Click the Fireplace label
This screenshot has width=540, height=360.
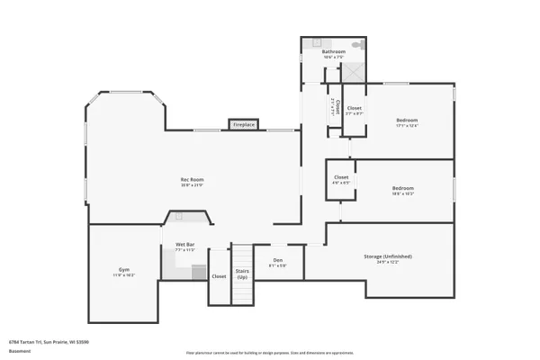coord(244,124)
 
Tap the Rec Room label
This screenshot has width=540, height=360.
coord(192,180)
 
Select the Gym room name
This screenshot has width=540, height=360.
coord(124,270)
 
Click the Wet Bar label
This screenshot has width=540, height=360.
coord(185,245)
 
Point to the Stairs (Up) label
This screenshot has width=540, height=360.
coord(242,273)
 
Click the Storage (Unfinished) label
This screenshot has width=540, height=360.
coord(382,256)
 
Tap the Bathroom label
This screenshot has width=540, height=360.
coord(333,52)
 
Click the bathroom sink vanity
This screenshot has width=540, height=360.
coord(317,43)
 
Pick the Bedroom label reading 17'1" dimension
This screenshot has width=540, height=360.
coord(407,121)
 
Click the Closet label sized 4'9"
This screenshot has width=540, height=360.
coord(341,178)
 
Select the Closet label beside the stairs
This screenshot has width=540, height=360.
coord(219,276)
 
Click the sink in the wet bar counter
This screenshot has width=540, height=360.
coord(178,216)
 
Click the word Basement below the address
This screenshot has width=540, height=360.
coord(17,350)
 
